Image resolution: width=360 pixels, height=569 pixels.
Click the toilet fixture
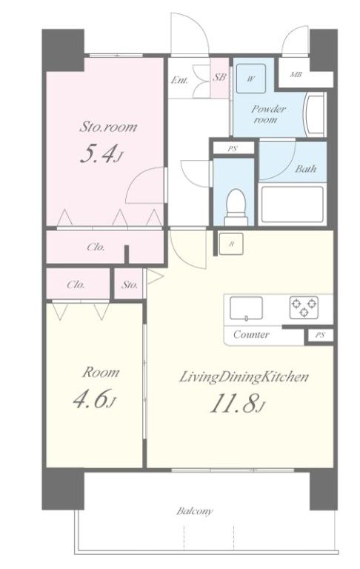coord(236,207)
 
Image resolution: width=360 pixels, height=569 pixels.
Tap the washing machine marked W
coord(251,79)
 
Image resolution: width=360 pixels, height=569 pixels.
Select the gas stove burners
coord(304,307)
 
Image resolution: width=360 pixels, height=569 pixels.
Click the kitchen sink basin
coord(247,308)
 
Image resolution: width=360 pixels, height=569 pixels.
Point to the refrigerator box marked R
coord(231,244)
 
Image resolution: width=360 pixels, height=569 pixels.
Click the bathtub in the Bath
coord(292,204)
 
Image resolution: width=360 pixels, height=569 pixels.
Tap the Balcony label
coord(195,511)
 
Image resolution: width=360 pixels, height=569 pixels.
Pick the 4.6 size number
coord(94,399)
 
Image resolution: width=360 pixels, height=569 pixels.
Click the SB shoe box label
coord(219,77)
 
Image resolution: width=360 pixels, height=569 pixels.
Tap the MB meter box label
coord(296,75)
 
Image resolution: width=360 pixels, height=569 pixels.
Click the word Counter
coord(251,334)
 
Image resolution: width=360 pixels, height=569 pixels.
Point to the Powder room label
coord(268,114)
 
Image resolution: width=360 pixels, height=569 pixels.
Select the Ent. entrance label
coord(180,80)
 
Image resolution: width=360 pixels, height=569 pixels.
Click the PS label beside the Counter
coord(319,336)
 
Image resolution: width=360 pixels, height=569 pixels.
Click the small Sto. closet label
coord(130,284)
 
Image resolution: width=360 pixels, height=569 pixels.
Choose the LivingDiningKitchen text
coord(244,377)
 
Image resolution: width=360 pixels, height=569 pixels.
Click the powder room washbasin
coord(314,114)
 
